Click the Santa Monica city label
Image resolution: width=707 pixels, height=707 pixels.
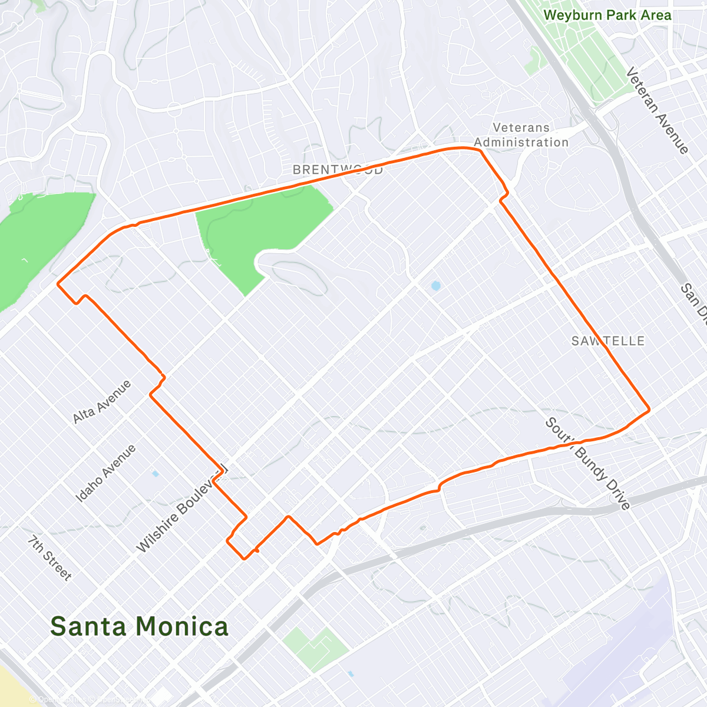139,626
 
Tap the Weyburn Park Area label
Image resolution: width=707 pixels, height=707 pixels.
607,15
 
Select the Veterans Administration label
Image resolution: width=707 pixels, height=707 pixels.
521,135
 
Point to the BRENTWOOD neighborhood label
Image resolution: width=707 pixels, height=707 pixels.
338,170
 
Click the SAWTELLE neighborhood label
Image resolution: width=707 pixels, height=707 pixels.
608,341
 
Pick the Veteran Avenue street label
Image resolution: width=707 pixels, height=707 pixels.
656,110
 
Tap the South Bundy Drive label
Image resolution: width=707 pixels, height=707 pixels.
587,463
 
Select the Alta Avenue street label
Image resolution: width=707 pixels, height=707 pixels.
101,402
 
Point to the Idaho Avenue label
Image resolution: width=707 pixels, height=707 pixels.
105,473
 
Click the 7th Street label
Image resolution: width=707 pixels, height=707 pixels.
50,558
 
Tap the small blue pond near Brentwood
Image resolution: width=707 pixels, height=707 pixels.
435,286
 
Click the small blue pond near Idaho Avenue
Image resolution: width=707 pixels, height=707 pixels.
155,473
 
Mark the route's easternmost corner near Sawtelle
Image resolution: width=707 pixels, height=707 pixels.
649,409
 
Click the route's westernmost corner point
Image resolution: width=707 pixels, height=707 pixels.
58,284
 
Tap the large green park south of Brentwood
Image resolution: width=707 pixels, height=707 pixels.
259,230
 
